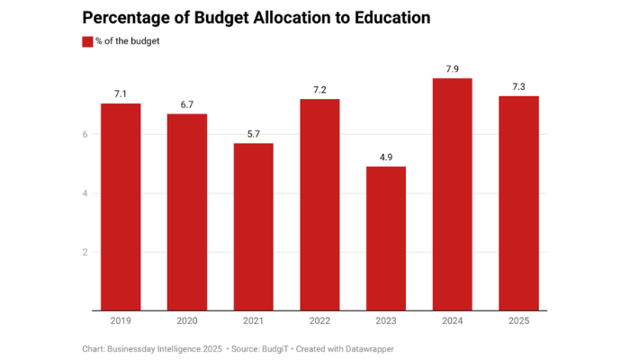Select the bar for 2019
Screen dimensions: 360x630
coord(121,207)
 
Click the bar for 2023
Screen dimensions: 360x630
coord(386,238)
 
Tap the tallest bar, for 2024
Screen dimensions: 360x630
coord(453,194)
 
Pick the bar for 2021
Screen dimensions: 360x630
coord(254,227)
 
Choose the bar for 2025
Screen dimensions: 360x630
coord(519,203)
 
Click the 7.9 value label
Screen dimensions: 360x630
coord(453,68)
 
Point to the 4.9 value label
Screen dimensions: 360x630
coord(386,157)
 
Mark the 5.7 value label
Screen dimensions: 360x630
coord(254,134)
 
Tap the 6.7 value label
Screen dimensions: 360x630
coord(187,104)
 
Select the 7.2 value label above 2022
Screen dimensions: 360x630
coord(319,89)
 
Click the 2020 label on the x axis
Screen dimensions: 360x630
coord(187,320)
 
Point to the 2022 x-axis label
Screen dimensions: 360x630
coord(319,320)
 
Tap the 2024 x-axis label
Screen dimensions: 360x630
coord(453,320)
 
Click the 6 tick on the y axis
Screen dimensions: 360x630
coord(85,134)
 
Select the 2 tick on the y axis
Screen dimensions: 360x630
coord(85,252)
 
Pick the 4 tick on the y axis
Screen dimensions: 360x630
coord(85,193)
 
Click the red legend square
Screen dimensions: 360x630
coord(87,41)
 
